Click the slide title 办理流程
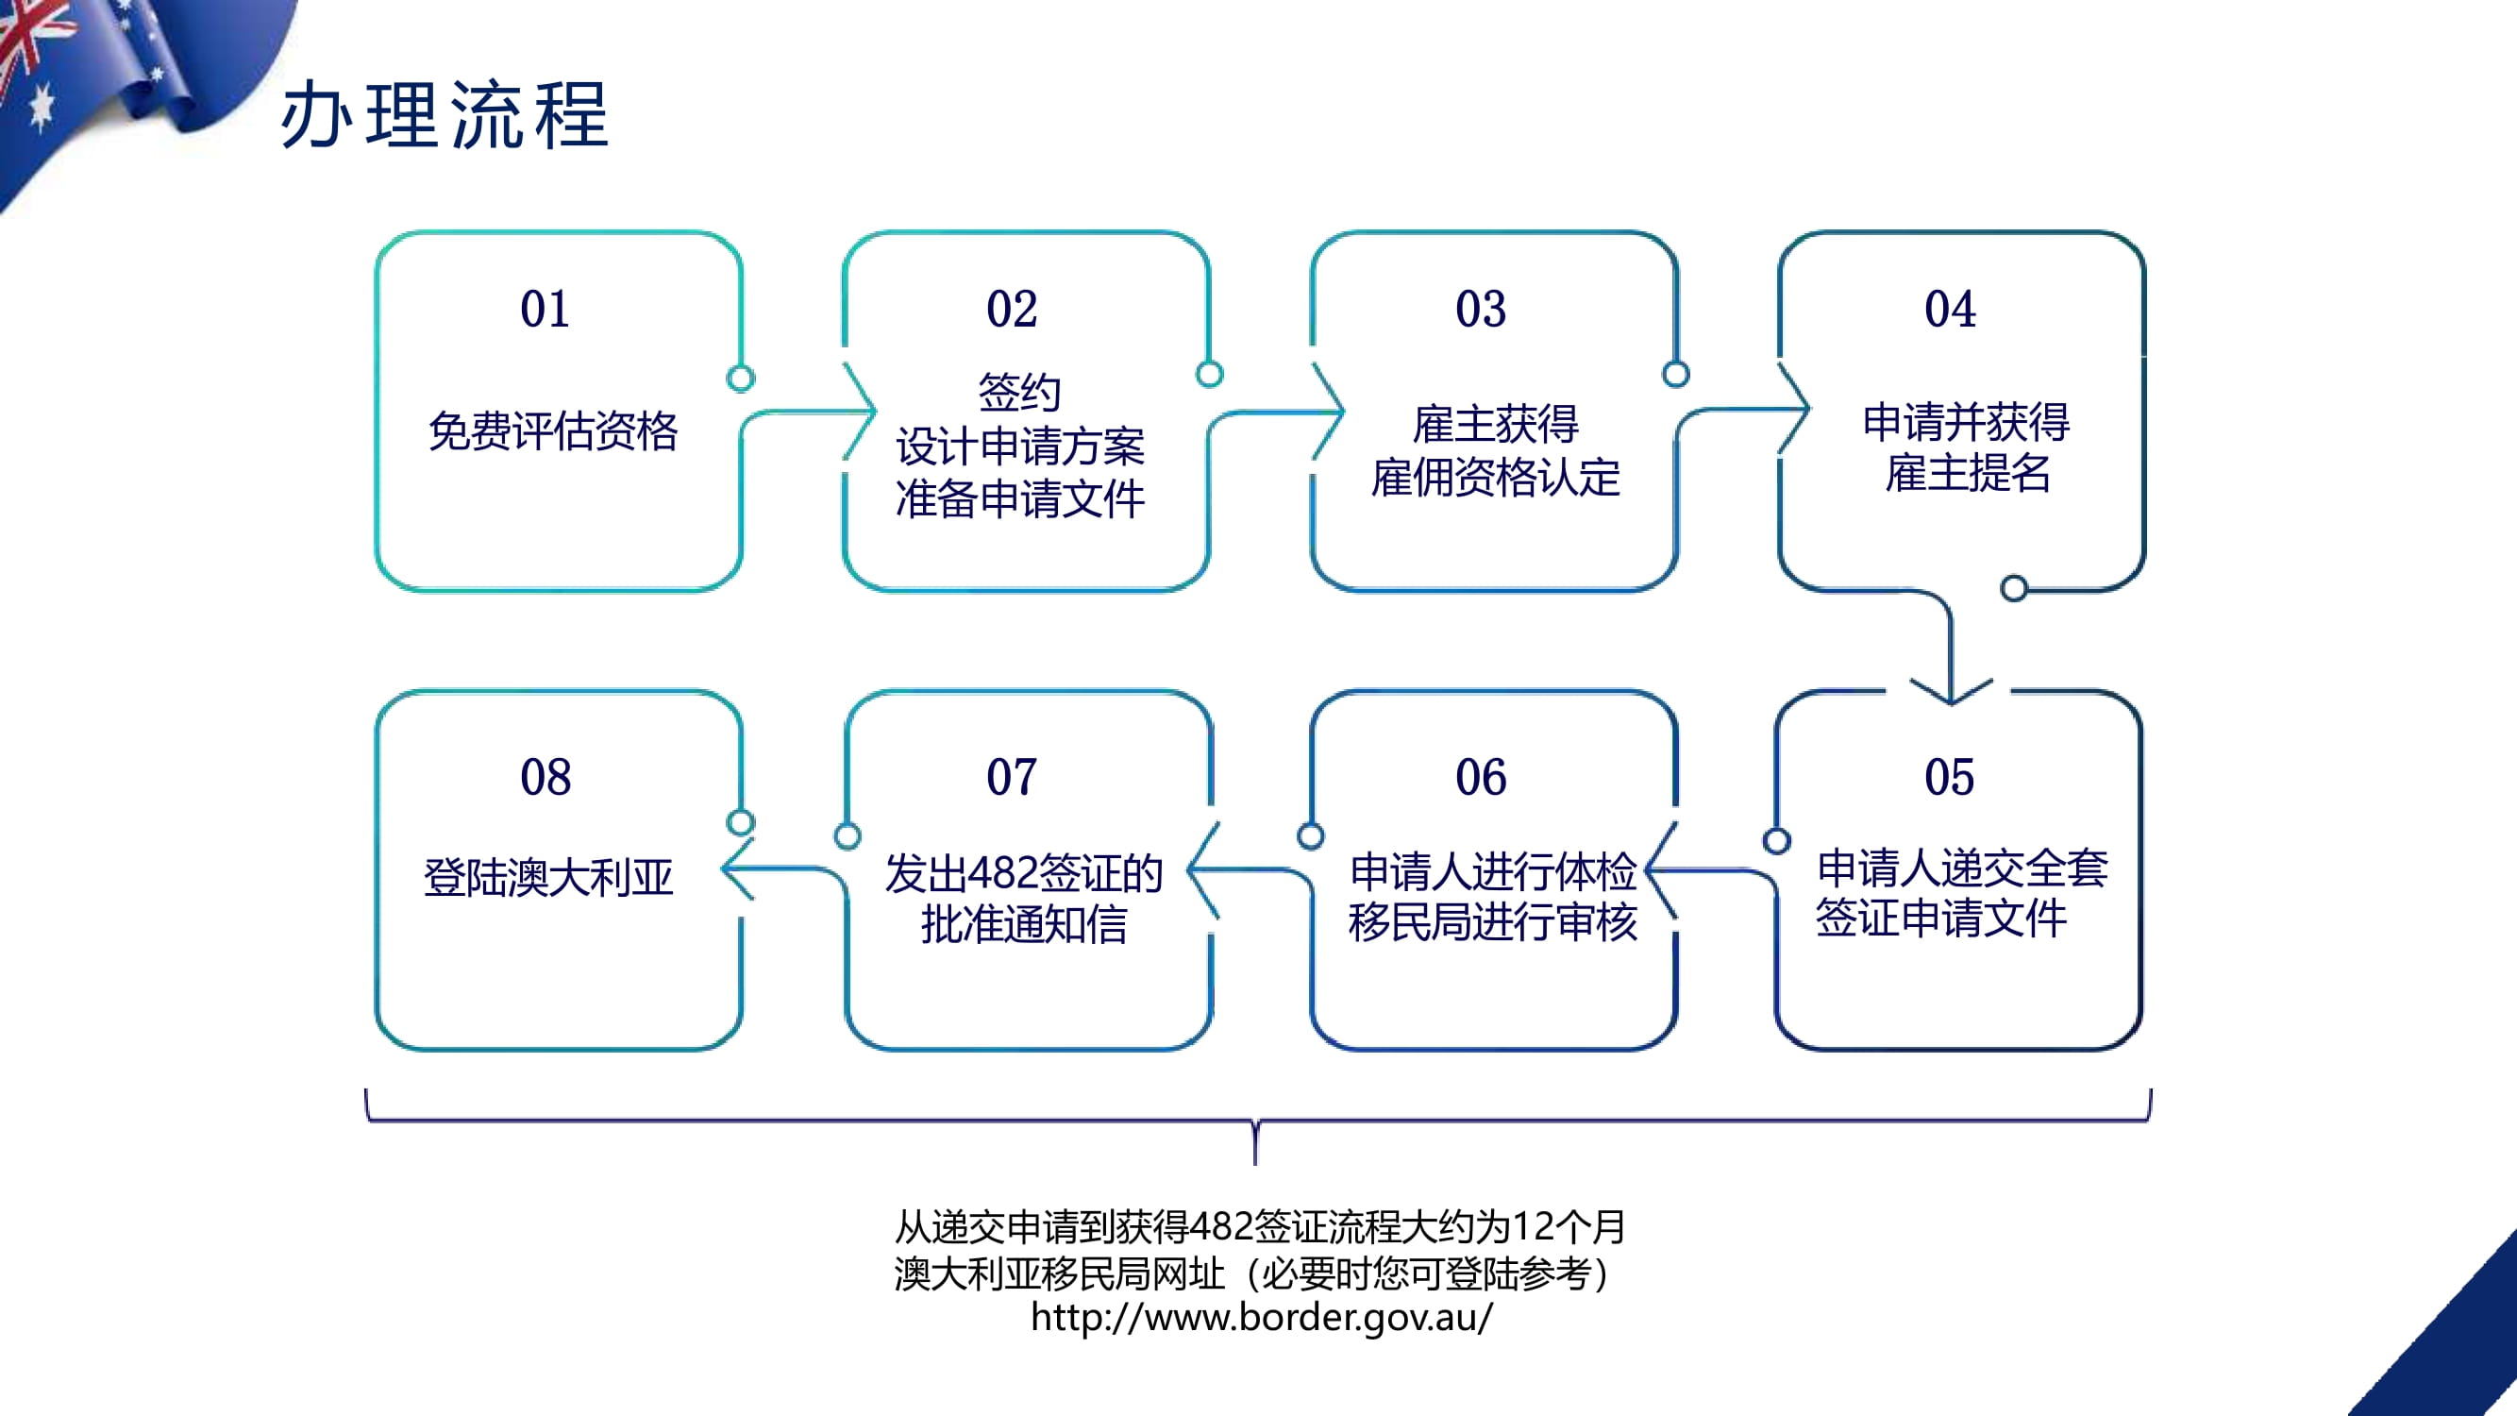(445, 115)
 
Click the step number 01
(545, 309)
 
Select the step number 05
(1949, 777)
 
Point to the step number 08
(545, 777)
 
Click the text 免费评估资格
(553, 431)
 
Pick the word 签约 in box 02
(1019, 392)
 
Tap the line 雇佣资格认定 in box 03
(1495, 477)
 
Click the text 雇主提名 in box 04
(1967, 473)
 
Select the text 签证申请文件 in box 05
(1941, 918)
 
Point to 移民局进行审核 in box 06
(1492, 921)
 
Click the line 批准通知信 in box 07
(1023, 923)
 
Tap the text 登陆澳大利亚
(548, 877)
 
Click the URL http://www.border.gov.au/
(1262, 1317)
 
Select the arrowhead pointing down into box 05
(1952, 690)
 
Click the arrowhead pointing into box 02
(860, 412)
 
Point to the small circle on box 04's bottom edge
(2014, 588)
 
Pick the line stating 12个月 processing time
(1260, 1226)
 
